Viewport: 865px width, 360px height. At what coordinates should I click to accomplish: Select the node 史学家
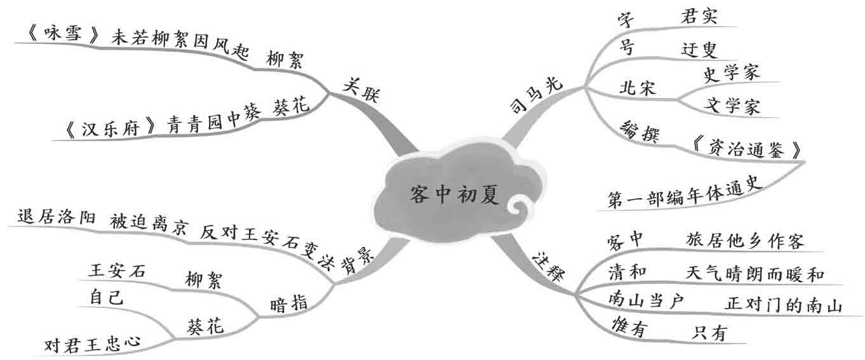click(732, 73)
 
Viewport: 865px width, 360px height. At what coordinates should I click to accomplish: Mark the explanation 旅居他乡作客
click(745, 241)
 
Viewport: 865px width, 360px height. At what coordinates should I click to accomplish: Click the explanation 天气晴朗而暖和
click(754, 274)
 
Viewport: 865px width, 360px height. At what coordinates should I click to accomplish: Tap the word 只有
click(709, 332)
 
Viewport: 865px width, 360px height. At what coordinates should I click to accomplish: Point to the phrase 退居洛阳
click(57, 217)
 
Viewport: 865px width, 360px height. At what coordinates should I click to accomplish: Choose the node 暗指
click(290, 303)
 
